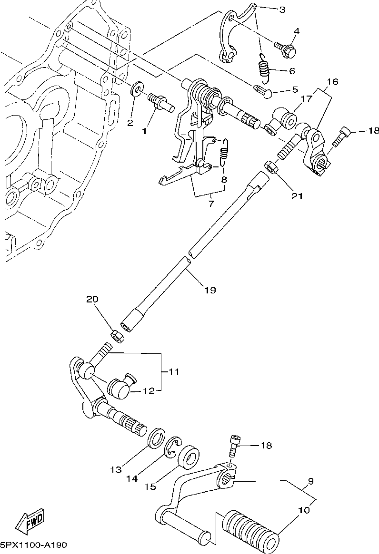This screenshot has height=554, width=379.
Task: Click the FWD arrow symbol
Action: pyautogui.click(x=30, y=522)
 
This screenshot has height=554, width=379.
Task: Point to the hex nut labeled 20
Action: pyautogui.click(x=117, y=335)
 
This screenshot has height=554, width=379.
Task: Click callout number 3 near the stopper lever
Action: pyautogui.click(x=282, y=9)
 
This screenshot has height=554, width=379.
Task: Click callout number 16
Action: pyautogui.click(x=332, y=82)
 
